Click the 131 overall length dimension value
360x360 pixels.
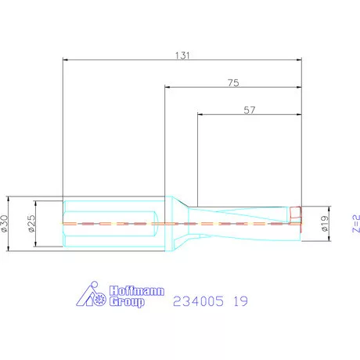pyautogui.click(x=182, y=56)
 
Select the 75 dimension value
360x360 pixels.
pyautogui.click(x=233, y=83)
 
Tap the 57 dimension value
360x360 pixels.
pyautogui.click(x=250, y=110)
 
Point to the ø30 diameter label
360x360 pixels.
pyautogui.click(x=5, y=223)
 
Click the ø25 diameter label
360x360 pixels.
pyautogui.click(x=31, y=223)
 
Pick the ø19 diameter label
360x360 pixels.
pyautogui.click(x=325, y=224)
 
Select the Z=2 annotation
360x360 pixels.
pyautogui.click(x=356, y=223)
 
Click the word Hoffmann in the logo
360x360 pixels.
pyautogui.click(x=137, y=290)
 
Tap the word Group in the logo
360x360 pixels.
pyautogui.click(x=127, y=302)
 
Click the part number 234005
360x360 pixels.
pyautogui.click(x=198, y=301)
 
